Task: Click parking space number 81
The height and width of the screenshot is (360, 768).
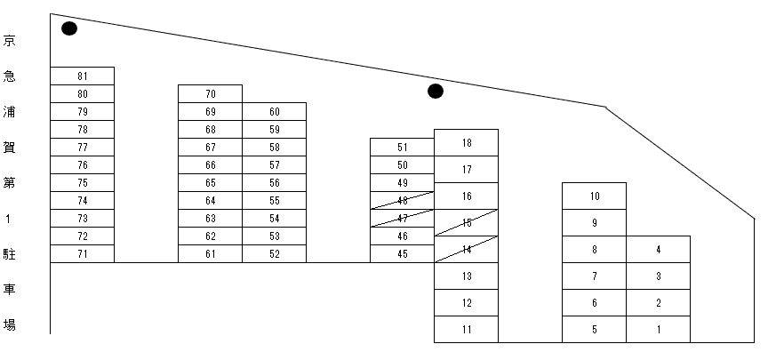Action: click(x=82, y=76)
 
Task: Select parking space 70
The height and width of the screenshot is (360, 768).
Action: click(x=210, y=93)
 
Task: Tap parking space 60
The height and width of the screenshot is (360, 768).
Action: click(x=274, y=111)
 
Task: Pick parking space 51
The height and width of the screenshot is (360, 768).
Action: click(x=402, y=147)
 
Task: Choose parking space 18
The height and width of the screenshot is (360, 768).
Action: click(x=466, y=142)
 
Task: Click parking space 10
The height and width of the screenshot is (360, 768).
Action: click(x=594, y=196)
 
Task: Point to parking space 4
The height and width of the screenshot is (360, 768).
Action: click(x=658, y=249)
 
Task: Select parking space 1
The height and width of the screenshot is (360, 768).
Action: click(x=658, y=329)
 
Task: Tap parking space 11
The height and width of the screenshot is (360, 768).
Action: click(x=466, y=329)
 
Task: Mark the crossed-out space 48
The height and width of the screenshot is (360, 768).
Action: click(x=402, y=200)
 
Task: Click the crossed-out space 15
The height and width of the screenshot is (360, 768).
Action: click(x=466, y=222)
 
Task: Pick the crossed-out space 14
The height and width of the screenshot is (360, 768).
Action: click(x=466, y=249)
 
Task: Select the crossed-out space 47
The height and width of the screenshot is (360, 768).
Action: click(x=402, y=218)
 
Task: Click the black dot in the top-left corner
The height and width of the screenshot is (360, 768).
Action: click(x=68, y=28)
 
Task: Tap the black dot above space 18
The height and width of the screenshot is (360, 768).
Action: click(x=436, y=91)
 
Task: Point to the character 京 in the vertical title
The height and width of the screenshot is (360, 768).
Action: click(x=9, y=41)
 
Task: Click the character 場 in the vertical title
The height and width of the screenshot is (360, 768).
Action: click(x=9, y=325)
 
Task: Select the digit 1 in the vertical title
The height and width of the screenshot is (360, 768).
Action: click(x=9, y=219)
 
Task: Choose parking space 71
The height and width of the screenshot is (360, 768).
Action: click(x=82, y=253)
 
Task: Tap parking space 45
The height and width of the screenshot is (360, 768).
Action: click(x=402, y=253)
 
